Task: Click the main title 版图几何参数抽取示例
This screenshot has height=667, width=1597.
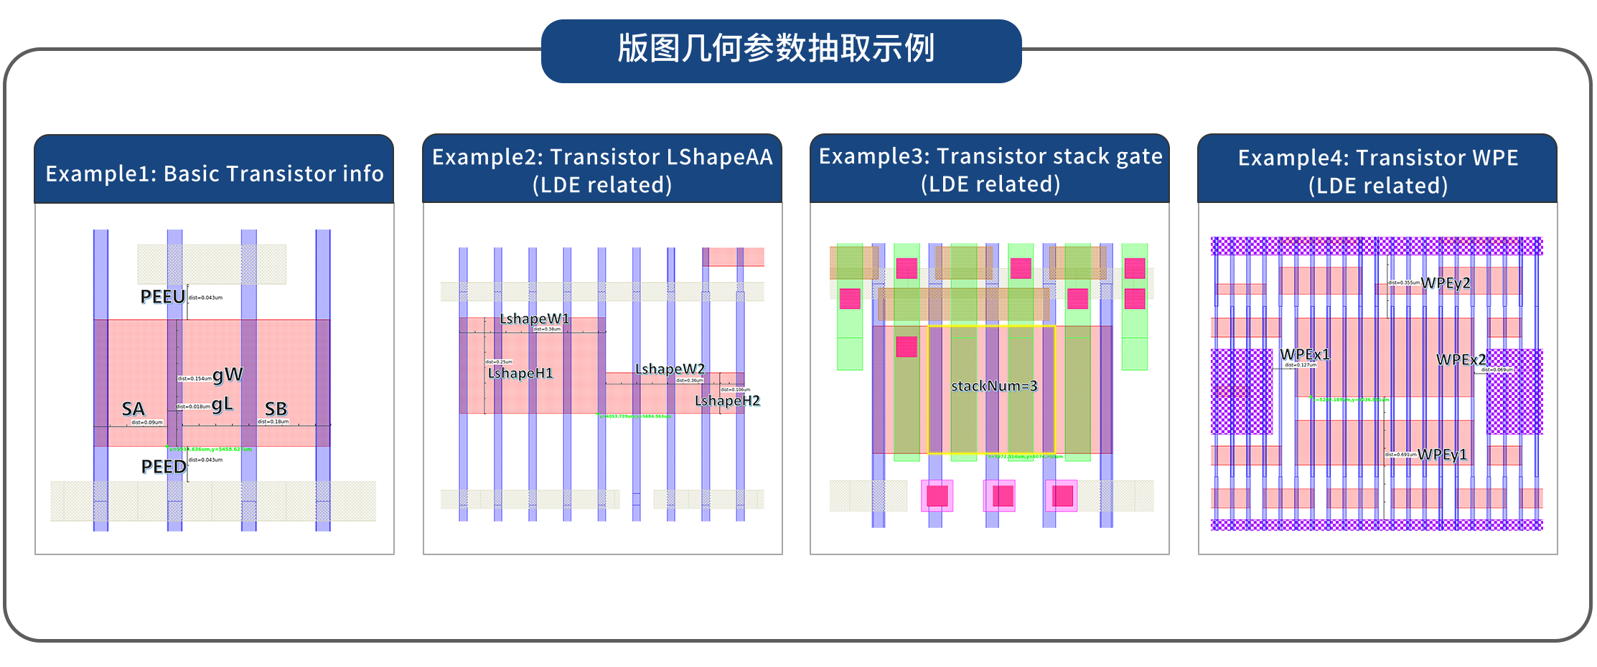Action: pos(777,49)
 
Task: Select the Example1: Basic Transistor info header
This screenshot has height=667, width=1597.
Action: pos(214,174)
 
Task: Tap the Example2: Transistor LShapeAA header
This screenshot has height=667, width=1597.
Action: pos(602,170)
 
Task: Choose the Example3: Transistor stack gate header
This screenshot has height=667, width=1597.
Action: pos(990,169)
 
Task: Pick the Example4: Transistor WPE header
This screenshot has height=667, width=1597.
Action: pos(1377,171)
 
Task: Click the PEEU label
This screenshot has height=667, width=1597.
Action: pos(162,296)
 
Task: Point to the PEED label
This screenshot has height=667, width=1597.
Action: pos(163,466)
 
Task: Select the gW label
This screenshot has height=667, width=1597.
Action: pos(228,374)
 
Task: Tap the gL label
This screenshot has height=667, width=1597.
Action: pos(222,404)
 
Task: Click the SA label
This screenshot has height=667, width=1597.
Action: pos(133,409)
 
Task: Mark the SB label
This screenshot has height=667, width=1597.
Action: pos(276,409)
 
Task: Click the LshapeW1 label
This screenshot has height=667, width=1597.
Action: pos(534,318)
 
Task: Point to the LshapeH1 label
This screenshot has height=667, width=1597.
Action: pos(520,373)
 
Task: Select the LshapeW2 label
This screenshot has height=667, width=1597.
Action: pos(670,369)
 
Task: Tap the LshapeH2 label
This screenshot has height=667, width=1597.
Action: pos(727,400)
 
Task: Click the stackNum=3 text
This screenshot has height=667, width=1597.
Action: pos(994,386)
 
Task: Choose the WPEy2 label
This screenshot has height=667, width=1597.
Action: pos(1446,283)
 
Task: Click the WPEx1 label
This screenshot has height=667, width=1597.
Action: pos(1305,354)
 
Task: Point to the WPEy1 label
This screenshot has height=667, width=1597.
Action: pos(1442,454)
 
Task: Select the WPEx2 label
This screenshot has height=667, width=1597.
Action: pos(1461,359)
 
